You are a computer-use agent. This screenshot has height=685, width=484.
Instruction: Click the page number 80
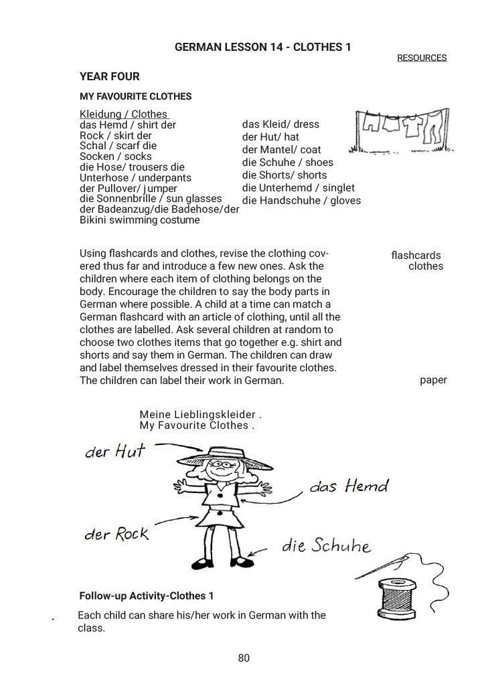coord(244,658)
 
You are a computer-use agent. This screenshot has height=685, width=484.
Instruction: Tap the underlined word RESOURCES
coord(421,58)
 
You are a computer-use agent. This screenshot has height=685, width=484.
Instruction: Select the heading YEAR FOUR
coord(110,76)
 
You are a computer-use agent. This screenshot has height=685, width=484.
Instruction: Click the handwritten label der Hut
coord(115,452)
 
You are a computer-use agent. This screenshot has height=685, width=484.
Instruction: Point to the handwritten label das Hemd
coord(349,486)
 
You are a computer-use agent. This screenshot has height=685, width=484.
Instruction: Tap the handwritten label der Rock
coord(116,534)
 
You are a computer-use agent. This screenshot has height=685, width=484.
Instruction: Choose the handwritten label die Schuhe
coord(326,546)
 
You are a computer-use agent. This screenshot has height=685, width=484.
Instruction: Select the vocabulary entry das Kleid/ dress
coord(280,124)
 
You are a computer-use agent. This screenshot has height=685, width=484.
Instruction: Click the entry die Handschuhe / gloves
coord(301,201)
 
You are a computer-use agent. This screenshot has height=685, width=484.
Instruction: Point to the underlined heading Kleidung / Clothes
coord(123,114)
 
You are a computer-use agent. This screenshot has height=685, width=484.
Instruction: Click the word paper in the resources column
coord(433,381)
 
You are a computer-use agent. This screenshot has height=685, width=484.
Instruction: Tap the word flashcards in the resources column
coord(416,256)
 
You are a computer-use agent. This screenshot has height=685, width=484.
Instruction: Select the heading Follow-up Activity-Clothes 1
coord(147,595)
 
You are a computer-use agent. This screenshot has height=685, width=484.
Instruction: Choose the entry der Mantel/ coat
coord(281,150)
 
